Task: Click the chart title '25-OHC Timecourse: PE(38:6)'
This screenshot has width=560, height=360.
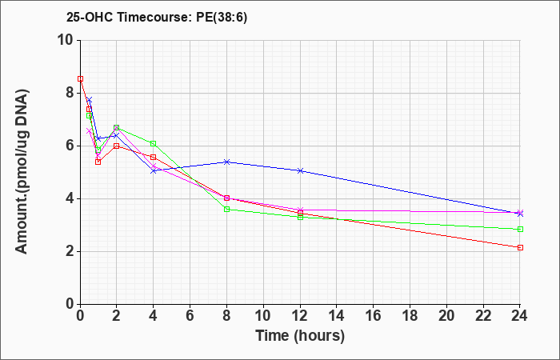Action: click(157, 18)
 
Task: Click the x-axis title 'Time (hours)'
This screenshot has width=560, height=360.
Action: click(300, 336)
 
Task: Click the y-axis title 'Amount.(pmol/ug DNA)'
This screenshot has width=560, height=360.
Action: click(22, 172)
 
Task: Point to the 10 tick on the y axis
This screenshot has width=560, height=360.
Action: click(66, 40)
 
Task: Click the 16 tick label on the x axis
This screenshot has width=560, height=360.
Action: click(374, 316)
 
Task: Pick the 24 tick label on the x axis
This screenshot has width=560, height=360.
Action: click(520, 316)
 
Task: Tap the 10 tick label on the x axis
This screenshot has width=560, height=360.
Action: click(263, 316)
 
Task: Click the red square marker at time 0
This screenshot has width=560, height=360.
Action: click(80, 78)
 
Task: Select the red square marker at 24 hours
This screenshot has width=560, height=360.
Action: click(520, 247)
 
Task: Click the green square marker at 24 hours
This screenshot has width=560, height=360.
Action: click(520, 230)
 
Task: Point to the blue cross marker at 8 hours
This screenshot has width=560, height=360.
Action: click(226, 162)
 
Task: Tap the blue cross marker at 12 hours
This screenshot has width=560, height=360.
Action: click(300, 170)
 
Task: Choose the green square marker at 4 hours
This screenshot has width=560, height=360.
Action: click(154, 143)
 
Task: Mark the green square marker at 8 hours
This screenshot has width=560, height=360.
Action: click(226, 210)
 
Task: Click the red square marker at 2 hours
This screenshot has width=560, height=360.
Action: click(117, 146)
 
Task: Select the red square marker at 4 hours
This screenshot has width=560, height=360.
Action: click(154, 157)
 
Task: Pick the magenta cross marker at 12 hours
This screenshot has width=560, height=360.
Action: click(300, 210)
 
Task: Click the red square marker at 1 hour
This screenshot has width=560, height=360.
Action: click(98, 162)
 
